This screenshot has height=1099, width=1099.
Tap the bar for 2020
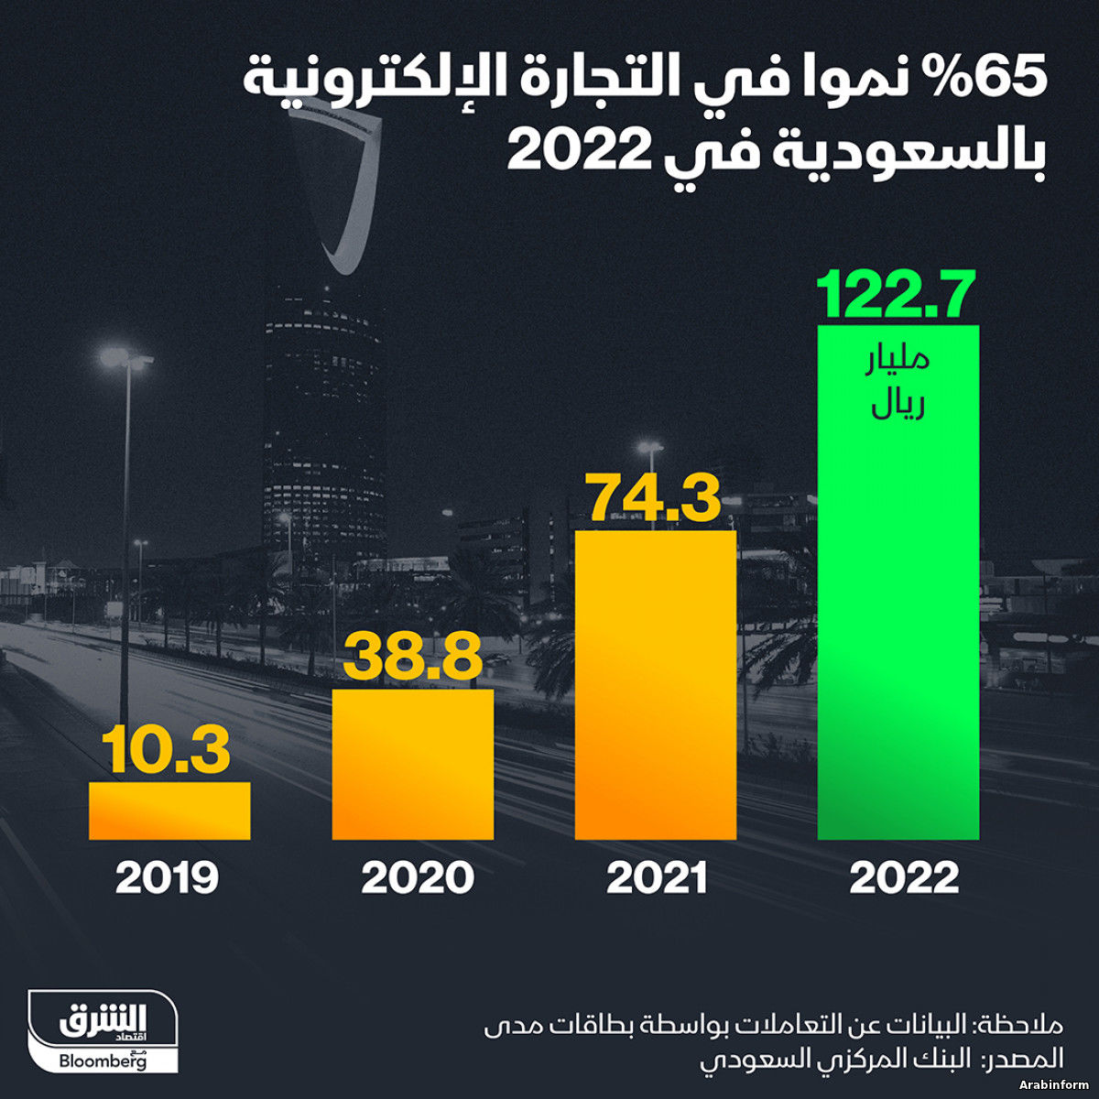tap(412, 764)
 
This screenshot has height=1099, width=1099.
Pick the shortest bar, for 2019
tap(169, 811)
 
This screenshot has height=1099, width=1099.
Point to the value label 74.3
tap(654, 499)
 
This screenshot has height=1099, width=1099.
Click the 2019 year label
tap(168, 879)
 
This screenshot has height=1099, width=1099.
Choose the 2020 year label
tap(418, 879)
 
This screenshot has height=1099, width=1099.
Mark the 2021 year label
tap(657, 879)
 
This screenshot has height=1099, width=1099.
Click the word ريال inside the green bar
tap(898, 406)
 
